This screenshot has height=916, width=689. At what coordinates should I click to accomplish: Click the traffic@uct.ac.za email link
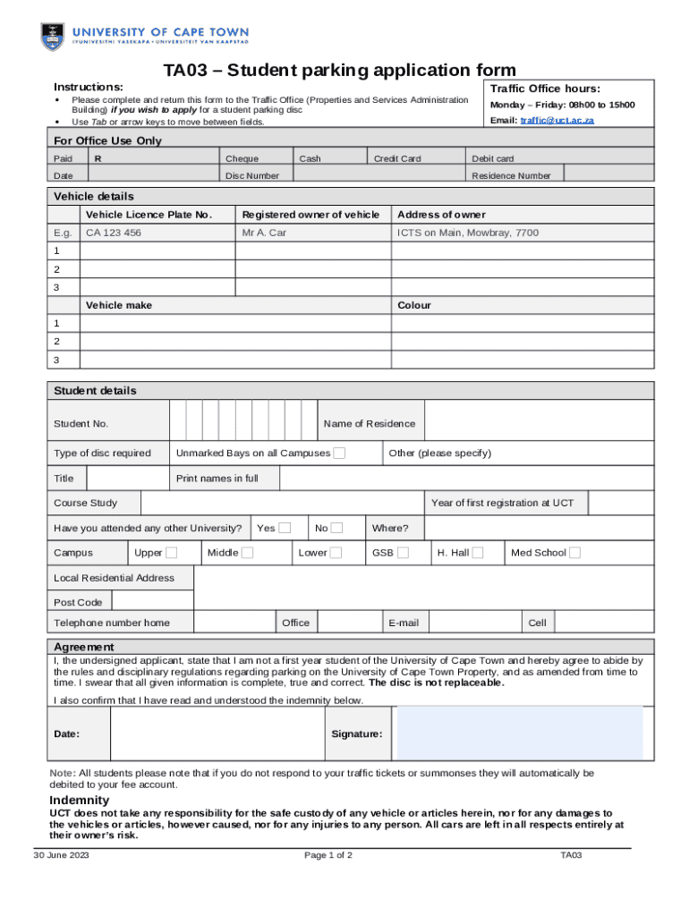click(x=557, y=120)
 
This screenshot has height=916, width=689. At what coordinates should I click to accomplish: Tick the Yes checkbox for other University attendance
click(x=285, y=528)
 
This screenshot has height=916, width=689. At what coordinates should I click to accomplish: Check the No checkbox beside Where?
click(x=336, y=528)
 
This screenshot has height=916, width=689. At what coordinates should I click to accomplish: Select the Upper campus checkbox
click(x=171, y=553)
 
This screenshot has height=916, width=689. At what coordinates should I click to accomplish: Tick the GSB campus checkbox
click(x=404, y=553)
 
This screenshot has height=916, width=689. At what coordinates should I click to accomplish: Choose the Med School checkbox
click(x=574, y=553)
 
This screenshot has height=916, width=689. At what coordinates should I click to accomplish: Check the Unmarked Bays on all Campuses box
click(x=339, y=454)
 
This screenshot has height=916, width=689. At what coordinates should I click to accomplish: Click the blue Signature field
click(x=519, y=733)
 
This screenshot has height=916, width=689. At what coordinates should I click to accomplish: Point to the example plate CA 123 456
click(x=114, y=233)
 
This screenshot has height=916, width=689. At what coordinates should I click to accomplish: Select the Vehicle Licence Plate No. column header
click(x=149, y=215)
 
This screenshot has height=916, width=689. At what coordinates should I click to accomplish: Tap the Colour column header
click(x=414, y=305)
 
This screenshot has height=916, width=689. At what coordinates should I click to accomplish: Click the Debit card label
click(x=493, y=158)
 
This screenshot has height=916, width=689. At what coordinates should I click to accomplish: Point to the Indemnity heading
click(x=79, y=800)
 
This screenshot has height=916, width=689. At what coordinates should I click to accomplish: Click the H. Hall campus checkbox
click(x=478, y=553)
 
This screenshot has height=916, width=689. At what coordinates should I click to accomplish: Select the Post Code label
click(x=78, y=603)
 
